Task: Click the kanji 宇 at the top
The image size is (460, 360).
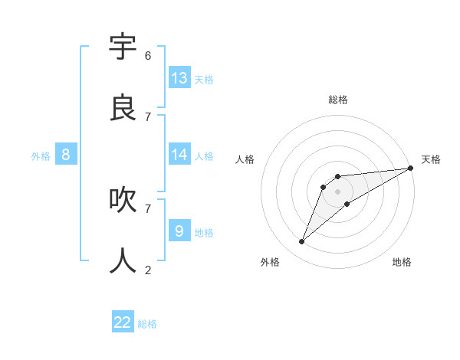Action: (x=123, y=47)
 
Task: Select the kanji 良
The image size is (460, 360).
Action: (x=123, y=108)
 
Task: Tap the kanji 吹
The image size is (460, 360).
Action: (x=123, y=200)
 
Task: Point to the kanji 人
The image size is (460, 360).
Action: (x=123, y=261)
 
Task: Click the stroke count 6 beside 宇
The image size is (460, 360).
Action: (x=148, y=56)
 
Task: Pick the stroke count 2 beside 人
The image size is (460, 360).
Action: (x=148, y=270)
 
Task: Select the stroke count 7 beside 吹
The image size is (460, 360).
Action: (x=148, y=208)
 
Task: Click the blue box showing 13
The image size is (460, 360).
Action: (x=179, y=77)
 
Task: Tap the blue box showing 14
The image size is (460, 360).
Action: (x=179, y=154)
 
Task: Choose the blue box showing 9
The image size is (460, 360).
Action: (x=179, y=230)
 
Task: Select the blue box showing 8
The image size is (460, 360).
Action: (x=66, y=155)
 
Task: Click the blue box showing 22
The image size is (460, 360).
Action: (x=123, y=322)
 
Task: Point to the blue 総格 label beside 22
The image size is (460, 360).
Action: (x=147, y=324)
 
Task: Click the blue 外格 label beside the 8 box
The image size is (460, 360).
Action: (x=41, y=156)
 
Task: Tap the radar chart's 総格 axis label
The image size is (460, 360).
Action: (x=338, y=100)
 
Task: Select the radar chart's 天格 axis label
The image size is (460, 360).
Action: (x=431, y=159)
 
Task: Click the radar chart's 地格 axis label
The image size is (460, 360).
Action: (x=402, y=262)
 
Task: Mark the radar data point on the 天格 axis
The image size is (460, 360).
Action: (x=410, y=168)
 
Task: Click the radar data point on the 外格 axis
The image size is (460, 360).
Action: (x=302, y=241)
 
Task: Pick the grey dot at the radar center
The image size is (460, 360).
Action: (x=338, y=191)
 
